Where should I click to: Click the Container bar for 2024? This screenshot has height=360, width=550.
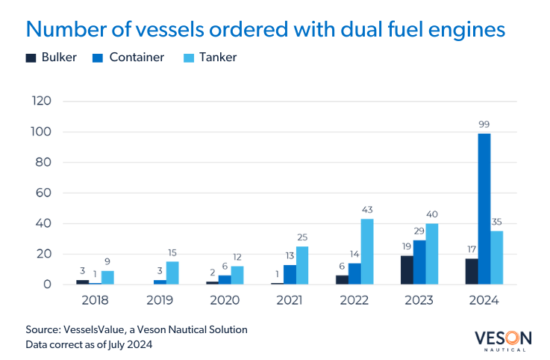point(484,209)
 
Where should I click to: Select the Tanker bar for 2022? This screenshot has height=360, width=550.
point(367,252)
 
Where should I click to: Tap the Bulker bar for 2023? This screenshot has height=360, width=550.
point(407,270)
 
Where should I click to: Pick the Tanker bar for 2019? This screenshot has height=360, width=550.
point(172,273)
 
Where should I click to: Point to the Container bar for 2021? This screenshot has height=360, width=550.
point(290,274)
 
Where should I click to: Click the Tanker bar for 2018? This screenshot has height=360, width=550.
point(107,277)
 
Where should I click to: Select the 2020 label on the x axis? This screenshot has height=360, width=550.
point(225,301)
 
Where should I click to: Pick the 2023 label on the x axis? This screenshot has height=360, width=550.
point(419,301)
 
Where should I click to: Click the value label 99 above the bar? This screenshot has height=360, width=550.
point(484,125)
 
